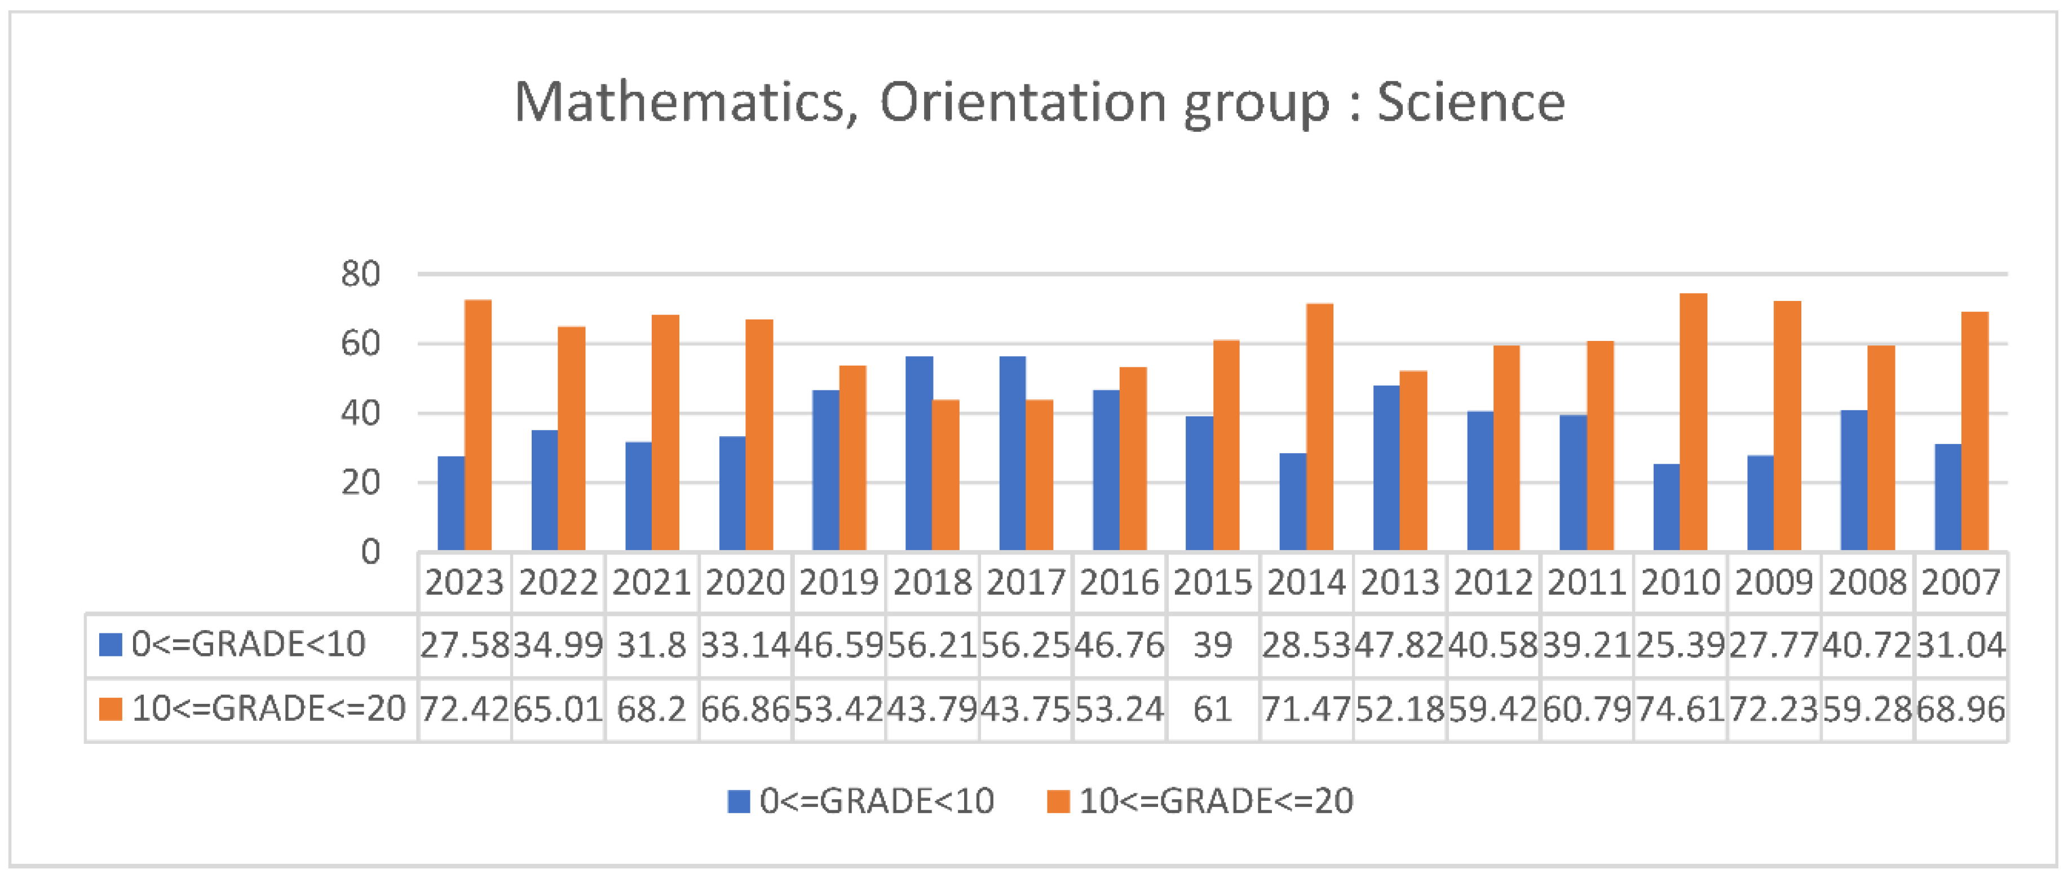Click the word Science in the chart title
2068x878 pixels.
(x=1471, y=103)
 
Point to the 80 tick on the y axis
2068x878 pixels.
(x=360, y=274)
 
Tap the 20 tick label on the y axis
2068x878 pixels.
(x=360, y=483)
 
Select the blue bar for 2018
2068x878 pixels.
(x=918, y=454)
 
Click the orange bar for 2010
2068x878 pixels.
(x=1693, y=422)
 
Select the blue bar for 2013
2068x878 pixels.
(x=1386, y=468)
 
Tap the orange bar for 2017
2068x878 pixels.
(x=1039, y=475)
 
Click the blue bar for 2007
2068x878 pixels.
(x=1947, y=497)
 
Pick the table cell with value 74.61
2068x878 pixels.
(x=1680, y=710)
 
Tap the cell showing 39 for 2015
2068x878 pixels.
(x=1212, y=645)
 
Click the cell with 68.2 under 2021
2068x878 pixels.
(x=651, y=710)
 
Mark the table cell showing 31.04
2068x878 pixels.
(x=1960, y=645)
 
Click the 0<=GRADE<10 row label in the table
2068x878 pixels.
(x=248, y=645)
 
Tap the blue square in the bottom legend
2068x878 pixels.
(x=739, y=801)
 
